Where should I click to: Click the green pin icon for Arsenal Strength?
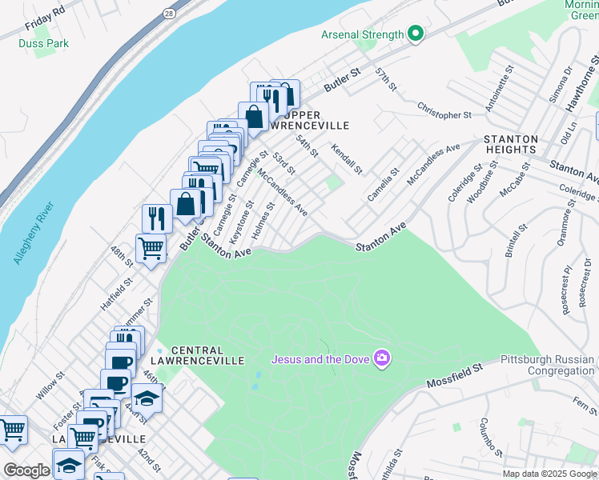pos(415,34)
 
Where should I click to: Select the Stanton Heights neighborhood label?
pos(510,144)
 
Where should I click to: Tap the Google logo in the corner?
pos(26,470)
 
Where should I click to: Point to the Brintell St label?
pos(517,240)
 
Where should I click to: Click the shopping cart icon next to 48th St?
pos(151,248)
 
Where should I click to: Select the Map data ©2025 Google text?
pos(549,473)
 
